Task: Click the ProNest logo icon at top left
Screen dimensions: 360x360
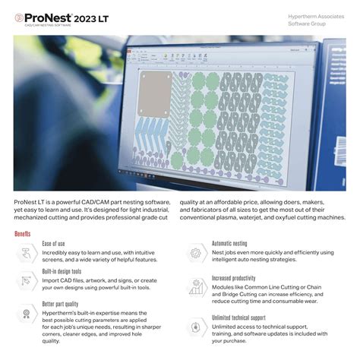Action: (x=19, y=16)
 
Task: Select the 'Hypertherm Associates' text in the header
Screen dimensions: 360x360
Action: (x=315, y=16)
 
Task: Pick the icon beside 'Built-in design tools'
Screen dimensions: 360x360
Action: (x=27, y=280)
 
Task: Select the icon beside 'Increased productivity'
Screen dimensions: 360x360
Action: (x=194, y=288)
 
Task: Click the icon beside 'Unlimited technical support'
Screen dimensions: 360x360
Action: (x=194, y=327)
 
